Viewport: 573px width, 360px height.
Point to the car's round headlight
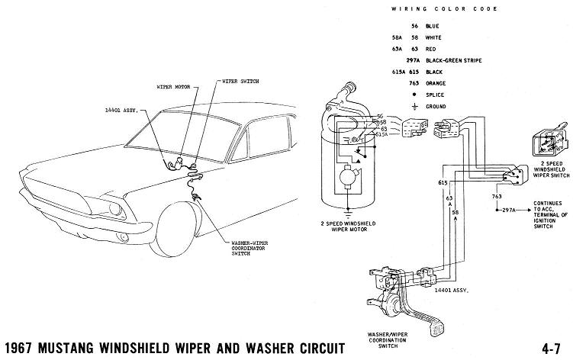point(115,209)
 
